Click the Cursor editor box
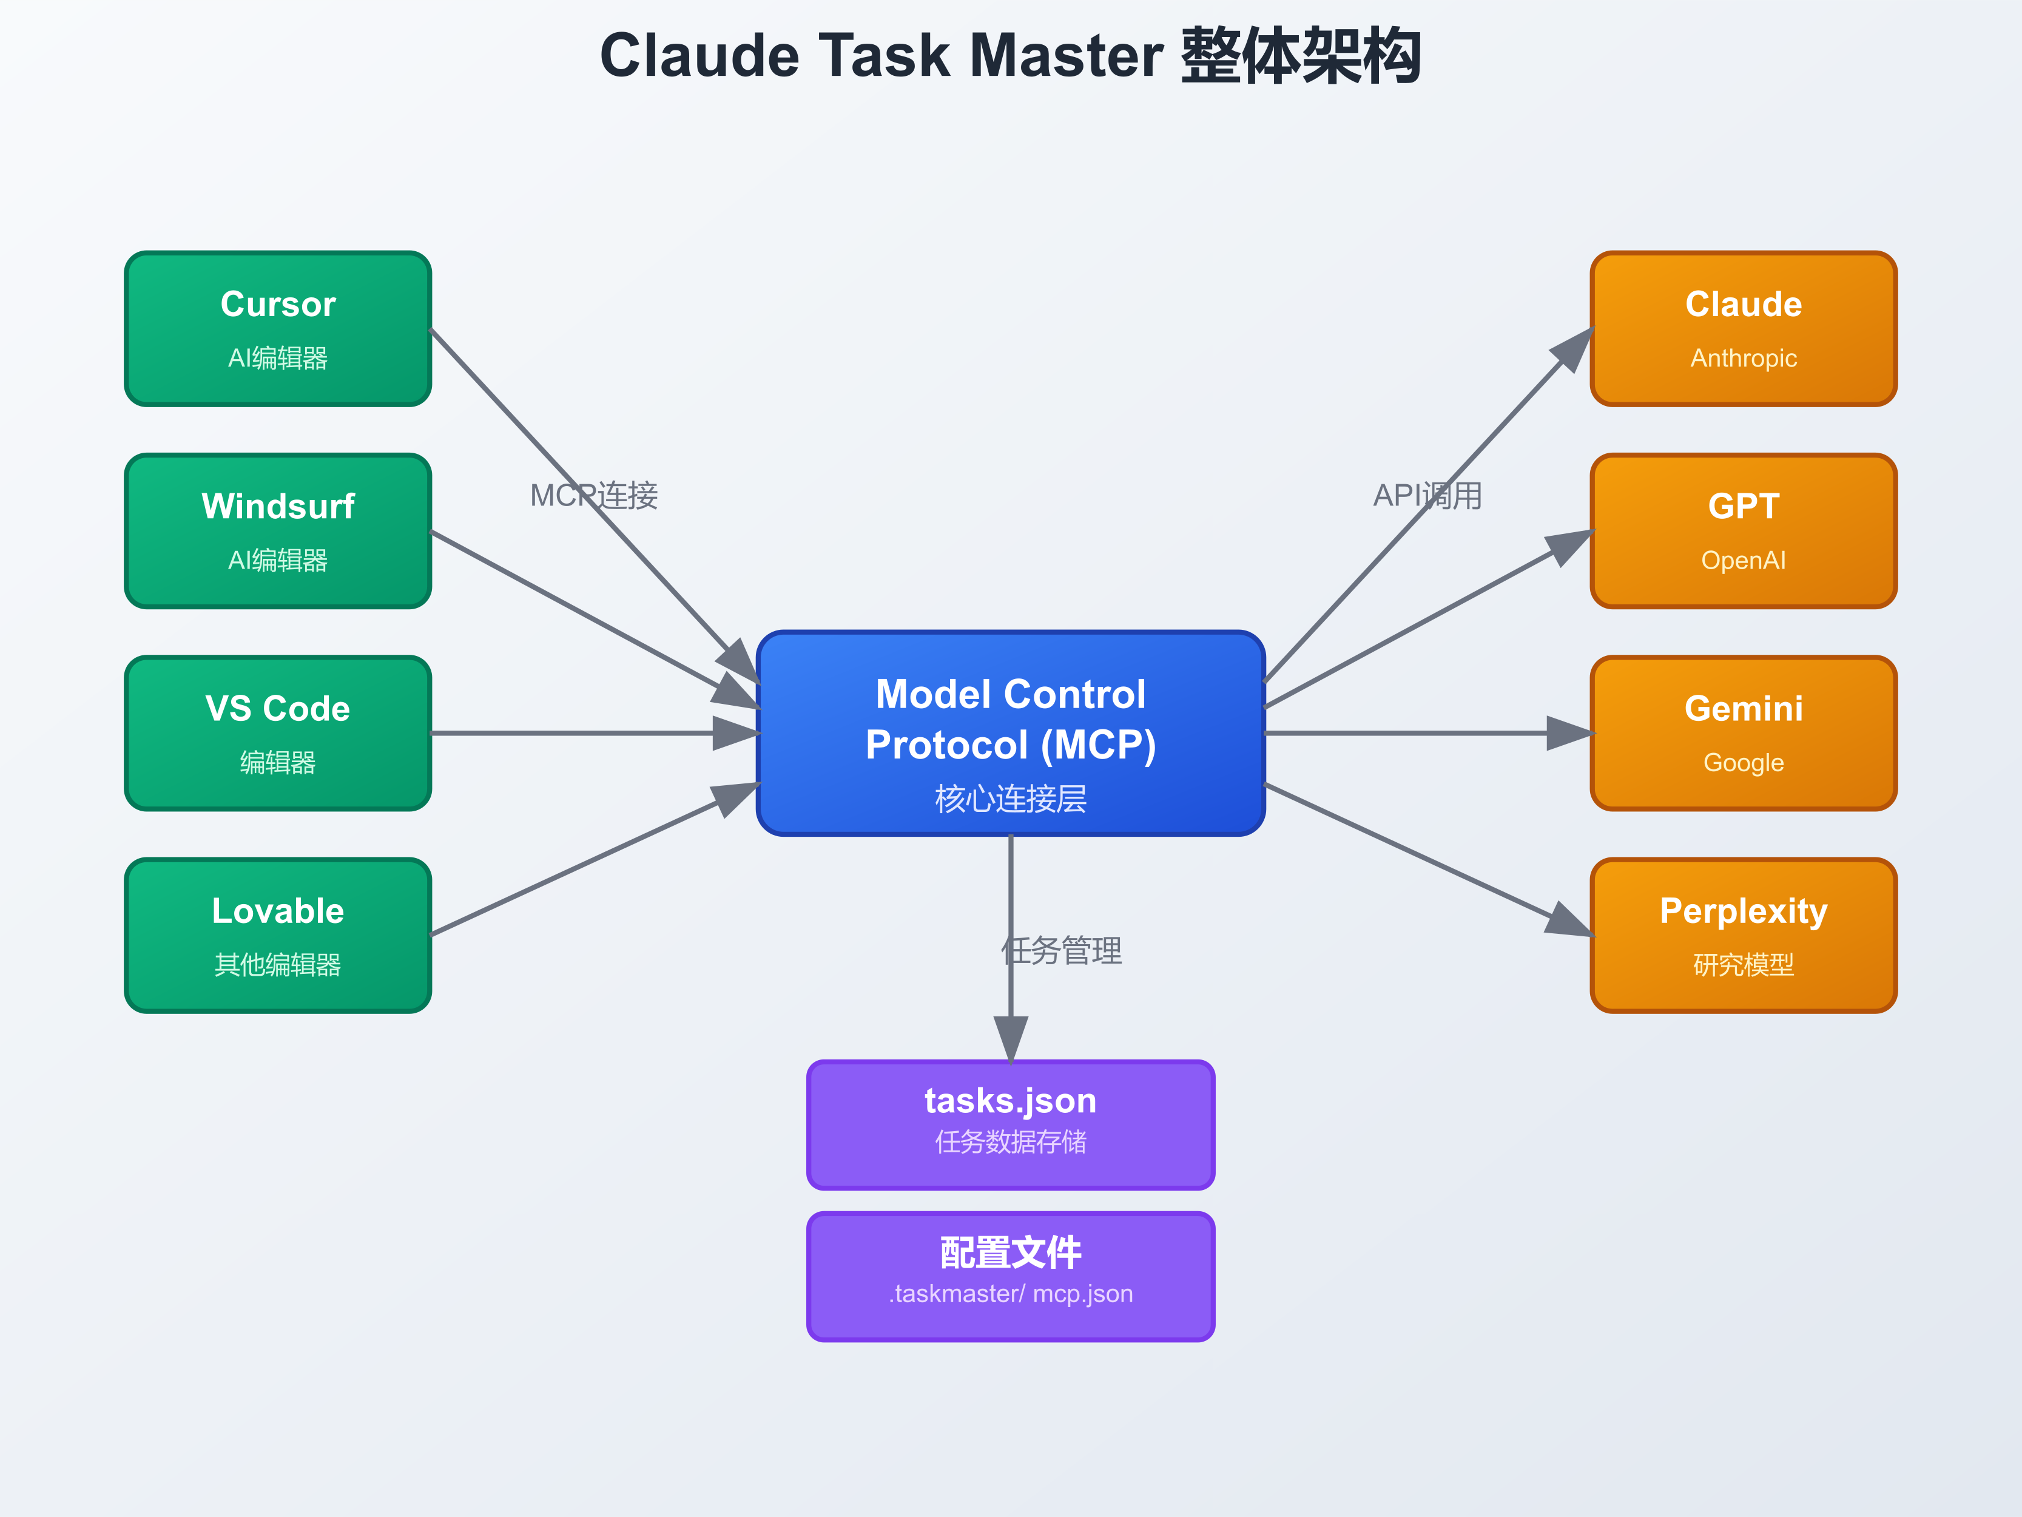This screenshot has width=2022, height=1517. pos(278,328)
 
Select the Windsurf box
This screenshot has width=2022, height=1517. pos(278,530)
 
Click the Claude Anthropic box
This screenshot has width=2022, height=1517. pos(1743,328)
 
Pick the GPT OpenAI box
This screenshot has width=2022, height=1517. pos(1743,530)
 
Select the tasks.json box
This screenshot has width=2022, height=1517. pos(1010,1125)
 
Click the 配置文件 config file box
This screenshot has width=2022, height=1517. pos(1010,1277)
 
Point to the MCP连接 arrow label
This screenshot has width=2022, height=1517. pos(593,496)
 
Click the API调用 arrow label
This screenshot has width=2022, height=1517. pos(1427,496)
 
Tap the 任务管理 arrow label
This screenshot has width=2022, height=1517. pos(1061,951)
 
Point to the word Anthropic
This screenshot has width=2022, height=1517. pos(1743,359)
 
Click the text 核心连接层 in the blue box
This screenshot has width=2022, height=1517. pos(1010,799)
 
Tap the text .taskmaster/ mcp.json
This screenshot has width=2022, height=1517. pos(1010,1294)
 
